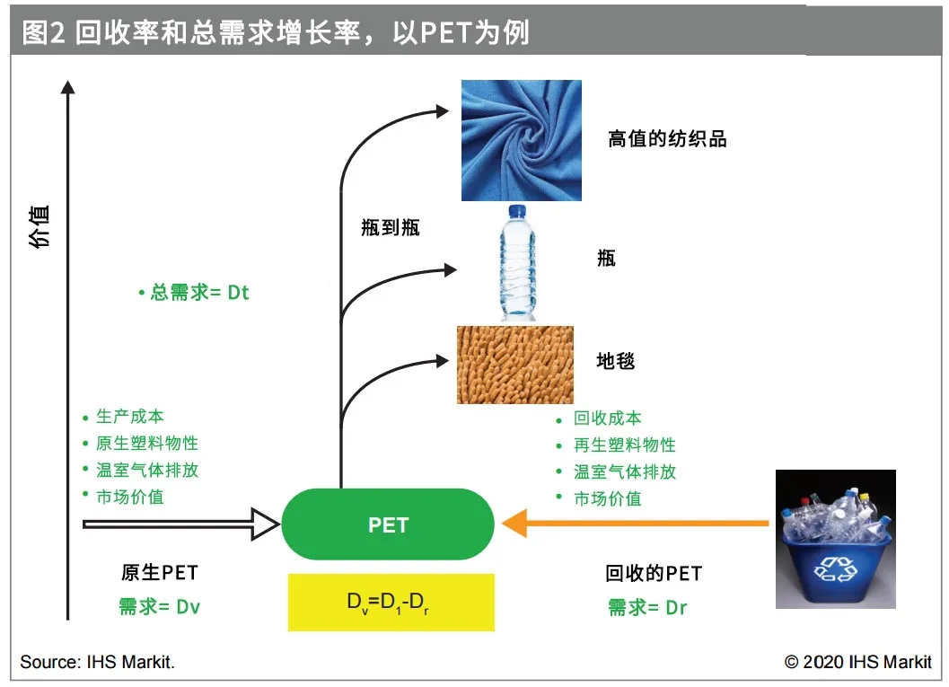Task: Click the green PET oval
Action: point(388,524)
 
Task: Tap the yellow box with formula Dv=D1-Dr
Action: point(391,602)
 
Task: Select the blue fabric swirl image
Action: point(521,140)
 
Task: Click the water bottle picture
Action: point(518,262)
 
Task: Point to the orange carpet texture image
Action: point(514,364)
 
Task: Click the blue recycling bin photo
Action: point(836,539)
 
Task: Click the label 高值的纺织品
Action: point(666,138)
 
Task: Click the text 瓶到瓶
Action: point(390,227)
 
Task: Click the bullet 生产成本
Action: point(129,417)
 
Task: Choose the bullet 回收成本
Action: point(607,418)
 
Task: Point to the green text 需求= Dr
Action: point(646,608)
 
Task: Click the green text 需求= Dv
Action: point(159,607)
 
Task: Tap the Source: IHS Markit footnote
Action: point(97,663)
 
